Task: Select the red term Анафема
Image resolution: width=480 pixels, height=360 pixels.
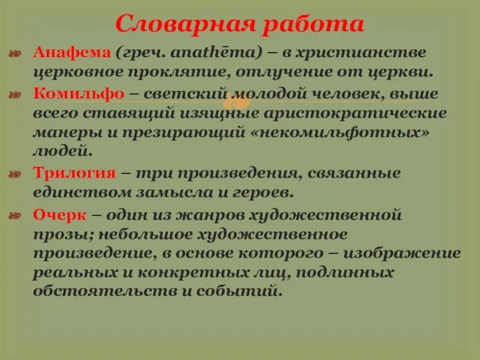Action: point(71,53)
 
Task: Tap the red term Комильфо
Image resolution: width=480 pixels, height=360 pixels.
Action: point(78,94)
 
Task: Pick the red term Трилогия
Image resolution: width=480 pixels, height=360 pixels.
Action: point(73,173)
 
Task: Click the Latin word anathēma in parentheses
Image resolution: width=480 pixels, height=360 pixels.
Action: point(217,53)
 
